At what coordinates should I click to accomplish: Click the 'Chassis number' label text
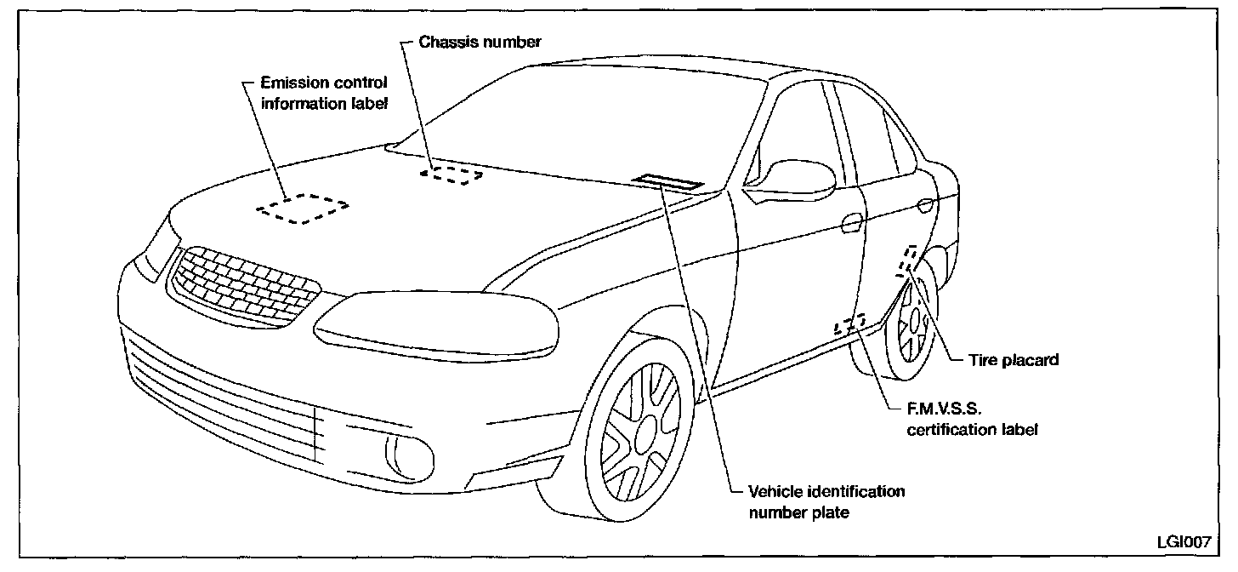[480, 42]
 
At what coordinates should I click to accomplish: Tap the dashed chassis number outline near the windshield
[451, 175]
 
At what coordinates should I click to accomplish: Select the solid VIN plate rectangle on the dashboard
[667, 181]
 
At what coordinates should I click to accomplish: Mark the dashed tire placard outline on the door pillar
[907, 261]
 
